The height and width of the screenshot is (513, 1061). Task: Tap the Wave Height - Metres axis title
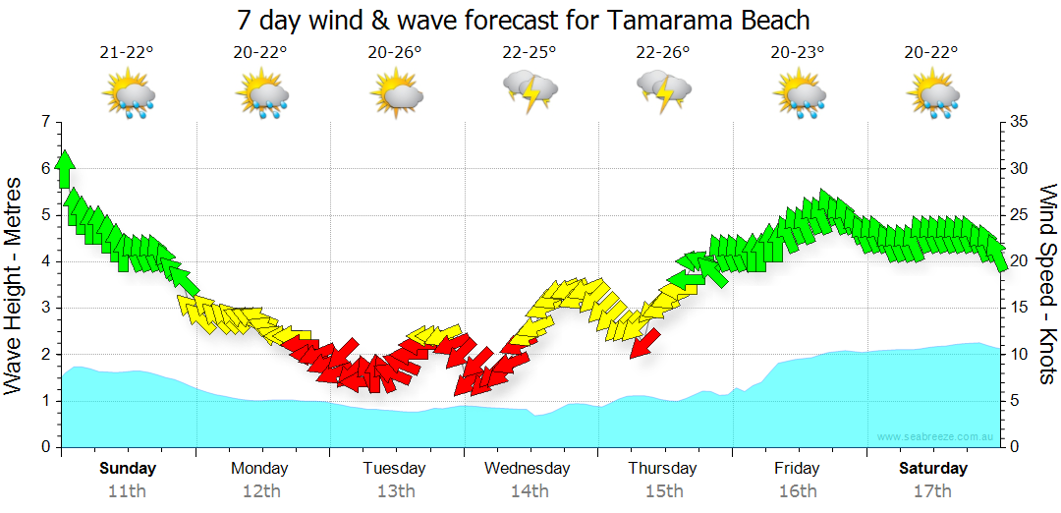[15, 285]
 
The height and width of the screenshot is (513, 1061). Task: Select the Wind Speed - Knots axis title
[1047, 285]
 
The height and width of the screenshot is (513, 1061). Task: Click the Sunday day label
[128, 468]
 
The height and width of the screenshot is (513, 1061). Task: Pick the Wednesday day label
[527, 468]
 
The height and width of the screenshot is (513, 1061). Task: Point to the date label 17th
[932, 491]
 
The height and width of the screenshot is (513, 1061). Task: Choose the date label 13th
[394, 491]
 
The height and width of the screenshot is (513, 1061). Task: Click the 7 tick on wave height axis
[44, 122]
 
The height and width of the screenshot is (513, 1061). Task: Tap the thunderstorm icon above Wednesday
[530, 90]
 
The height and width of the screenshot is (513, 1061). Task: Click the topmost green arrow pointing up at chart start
[65, 168]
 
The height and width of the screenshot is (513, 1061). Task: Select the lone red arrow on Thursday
[644, 343]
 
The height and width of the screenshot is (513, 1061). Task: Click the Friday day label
[797, 468]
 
